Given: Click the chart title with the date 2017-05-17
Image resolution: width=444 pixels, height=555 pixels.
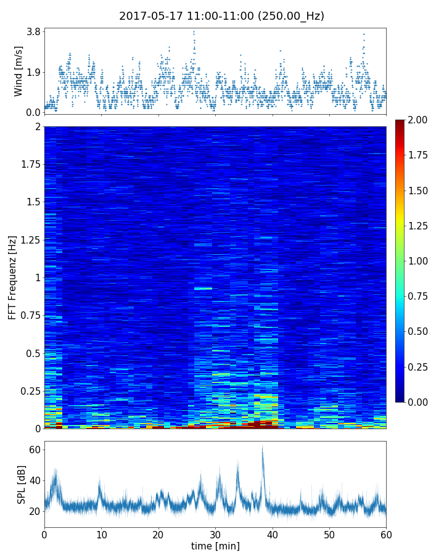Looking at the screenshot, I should tap(221, 16).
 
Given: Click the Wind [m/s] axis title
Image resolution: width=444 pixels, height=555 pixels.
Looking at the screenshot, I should tap(18, 71).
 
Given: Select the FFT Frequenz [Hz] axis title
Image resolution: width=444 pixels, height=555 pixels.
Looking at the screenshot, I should tap(12, 277).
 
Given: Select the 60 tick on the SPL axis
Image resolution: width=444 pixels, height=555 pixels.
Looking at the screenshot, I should tap(35, 450).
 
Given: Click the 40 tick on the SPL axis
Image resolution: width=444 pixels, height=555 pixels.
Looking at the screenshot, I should tap(35, 481).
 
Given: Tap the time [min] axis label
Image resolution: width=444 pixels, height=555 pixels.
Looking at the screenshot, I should tap(215, 546).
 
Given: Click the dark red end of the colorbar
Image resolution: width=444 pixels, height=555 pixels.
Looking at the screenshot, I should tap(400, 123).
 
